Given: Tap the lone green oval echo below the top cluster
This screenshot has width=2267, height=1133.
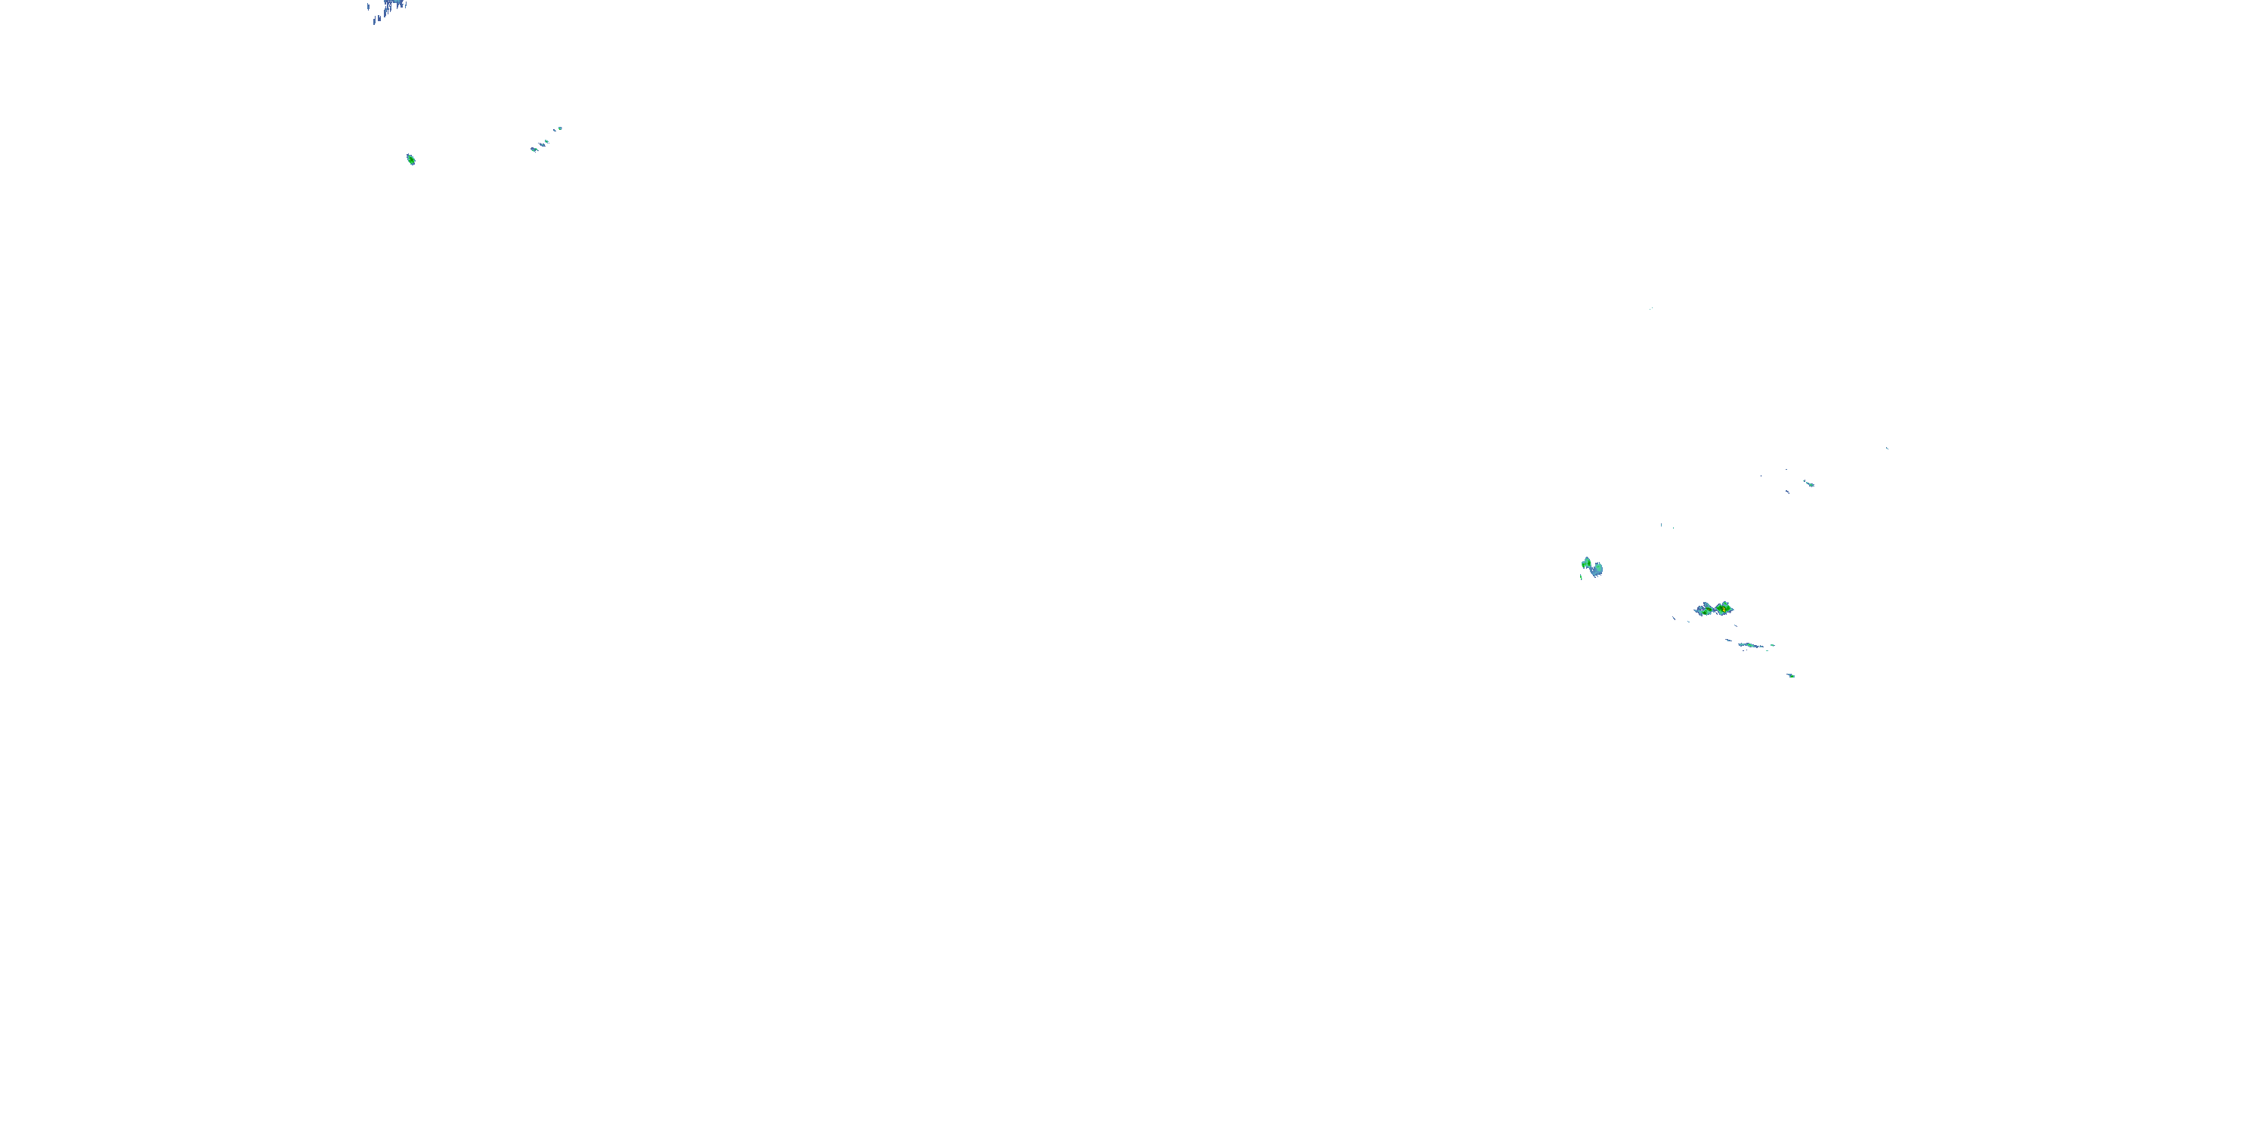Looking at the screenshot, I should (x=411, y=159).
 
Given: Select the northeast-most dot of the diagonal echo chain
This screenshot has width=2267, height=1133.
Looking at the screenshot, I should (x=560, y=128).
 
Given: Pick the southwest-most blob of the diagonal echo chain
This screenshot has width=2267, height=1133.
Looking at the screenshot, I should (x=534, y=150).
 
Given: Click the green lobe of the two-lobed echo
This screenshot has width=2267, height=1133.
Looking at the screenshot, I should (x=1587, y=563).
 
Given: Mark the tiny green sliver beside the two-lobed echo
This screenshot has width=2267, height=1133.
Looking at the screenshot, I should (x=1582, y=577).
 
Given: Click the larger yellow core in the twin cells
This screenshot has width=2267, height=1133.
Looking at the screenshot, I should (x=1723, y=608).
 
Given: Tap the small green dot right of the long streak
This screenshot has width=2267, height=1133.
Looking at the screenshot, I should (x=1772, y=645).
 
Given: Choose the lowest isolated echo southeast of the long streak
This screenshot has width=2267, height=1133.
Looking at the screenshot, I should (x=1791, y=675).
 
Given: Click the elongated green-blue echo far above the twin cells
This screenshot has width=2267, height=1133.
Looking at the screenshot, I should (x=1808, y=483).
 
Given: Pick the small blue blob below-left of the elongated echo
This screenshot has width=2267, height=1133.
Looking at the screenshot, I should (x=1787, y=492).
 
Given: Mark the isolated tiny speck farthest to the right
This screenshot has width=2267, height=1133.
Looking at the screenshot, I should (x=1887, y=448).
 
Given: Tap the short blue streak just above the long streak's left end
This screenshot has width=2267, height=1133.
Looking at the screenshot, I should (x=1728, y=640).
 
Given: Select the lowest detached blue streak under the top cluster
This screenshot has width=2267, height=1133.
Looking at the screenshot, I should (x=375, y=21).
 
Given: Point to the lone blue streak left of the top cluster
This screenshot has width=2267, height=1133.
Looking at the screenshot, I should (x=368, y=7).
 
